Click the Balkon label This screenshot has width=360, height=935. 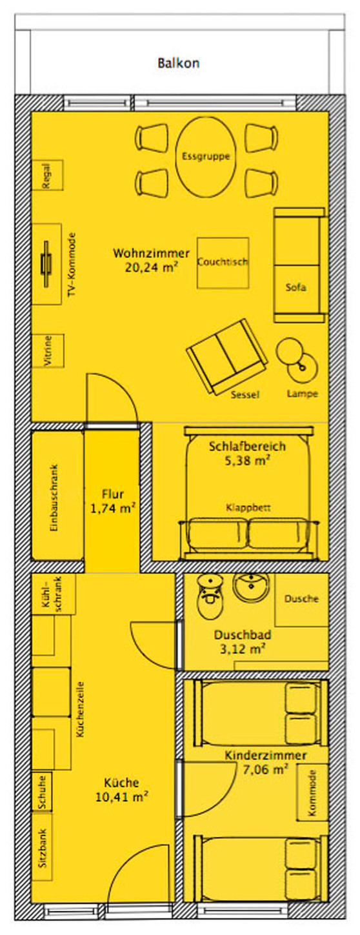point(178,63)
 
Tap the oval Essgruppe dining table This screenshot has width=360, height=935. point(206,156)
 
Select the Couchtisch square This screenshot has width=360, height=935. point(223,263)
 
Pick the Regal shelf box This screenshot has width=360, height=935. point(46,175)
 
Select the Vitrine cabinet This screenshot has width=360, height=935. point(47,351)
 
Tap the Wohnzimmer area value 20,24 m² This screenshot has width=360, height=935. point(152,265)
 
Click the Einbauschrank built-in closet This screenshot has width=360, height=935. point(57,497)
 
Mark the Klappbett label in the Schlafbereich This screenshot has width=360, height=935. point(248,508)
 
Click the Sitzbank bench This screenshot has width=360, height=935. point(43,847)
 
